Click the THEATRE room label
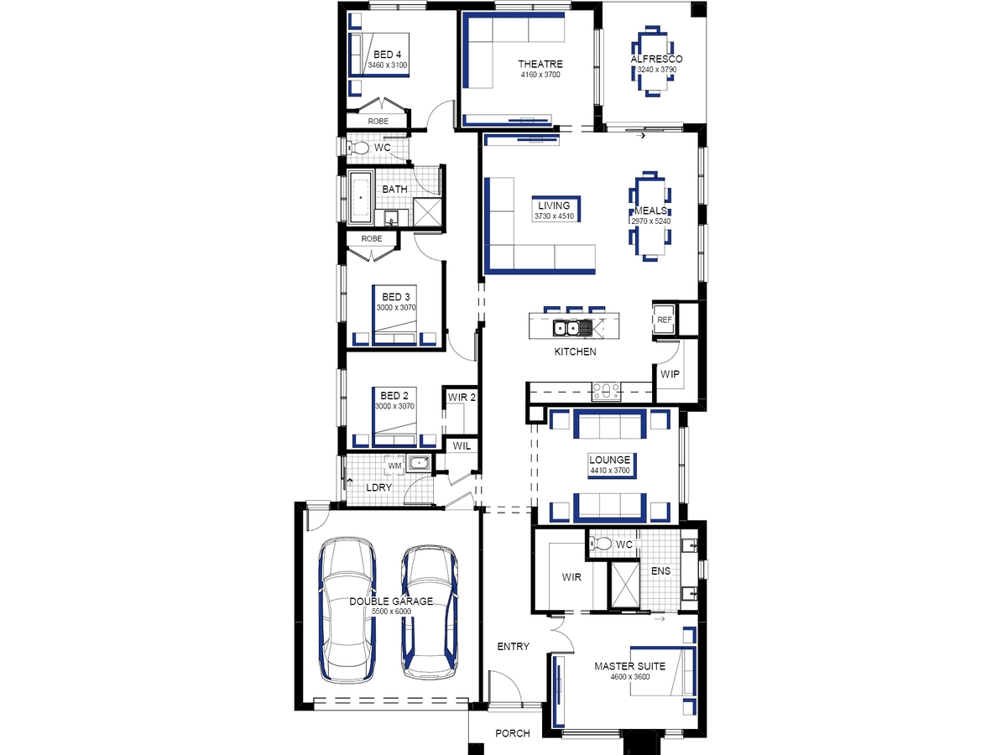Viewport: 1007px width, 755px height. click(x=540, y=64)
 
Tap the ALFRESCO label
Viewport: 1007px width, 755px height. click(x=656, y=59)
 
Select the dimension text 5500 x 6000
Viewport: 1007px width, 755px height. click(x=391, y=611)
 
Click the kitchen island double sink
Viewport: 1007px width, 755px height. click(x=566, y=328)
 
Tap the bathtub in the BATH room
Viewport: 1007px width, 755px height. click(x=361, y=198)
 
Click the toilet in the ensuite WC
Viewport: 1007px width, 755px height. click(x=601, y=544)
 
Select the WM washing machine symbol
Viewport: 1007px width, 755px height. click(x=394, y=466)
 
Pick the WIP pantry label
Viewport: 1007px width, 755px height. click(x=670, y=374)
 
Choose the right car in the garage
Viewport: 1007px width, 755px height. click(x=430, y=612)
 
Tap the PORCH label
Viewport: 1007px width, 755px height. click(x=513, y=733)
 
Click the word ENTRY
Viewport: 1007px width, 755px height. click(x=513, y=646)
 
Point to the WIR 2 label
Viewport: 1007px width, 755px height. click(x=462, y=397)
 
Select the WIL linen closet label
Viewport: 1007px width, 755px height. click(x=462, y=445)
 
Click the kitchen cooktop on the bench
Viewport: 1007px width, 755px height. click(x=607, y=392)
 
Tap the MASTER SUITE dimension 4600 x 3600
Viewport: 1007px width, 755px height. click(x=630, y=677)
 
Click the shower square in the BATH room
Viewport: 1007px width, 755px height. click(x=427, y=211)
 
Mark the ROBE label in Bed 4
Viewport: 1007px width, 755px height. click(x=378, y=122)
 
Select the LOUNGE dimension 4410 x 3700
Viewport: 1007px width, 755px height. click(x=610, y=471)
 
